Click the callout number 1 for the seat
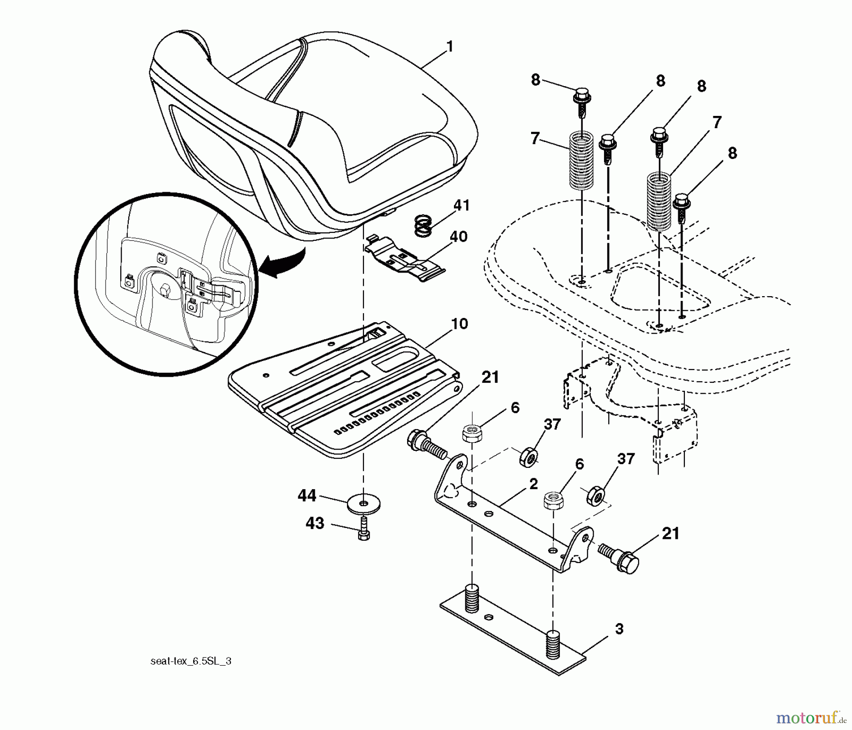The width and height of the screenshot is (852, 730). tap(449, 46)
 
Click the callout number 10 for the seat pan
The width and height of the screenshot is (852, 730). tap(460, 324)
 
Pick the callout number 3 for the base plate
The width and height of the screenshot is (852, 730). tap(619, 629)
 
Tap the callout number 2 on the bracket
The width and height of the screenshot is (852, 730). tap(533, 484)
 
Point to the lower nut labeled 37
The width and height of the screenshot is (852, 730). tap(595, 496)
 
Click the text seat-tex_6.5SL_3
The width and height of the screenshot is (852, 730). tap(191, 661)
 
